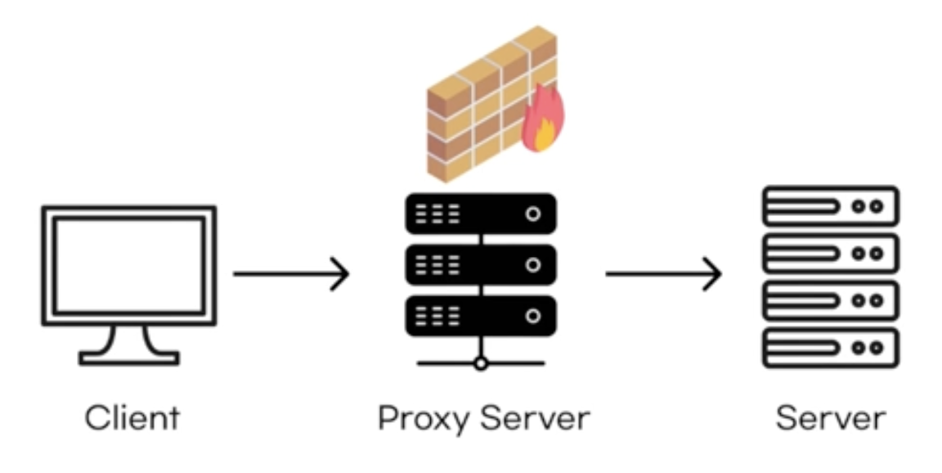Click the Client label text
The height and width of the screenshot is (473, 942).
coord(132,417)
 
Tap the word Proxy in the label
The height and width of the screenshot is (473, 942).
coord(424,419)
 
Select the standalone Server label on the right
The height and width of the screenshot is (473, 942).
coord(830,417)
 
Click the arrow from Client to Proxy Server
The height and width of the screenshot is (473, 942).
coord(291,273)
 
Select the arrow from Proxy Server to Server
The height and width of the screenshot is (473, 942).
coord(663,273)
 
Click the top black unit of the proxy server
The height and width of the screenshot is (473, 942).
coord(481,214)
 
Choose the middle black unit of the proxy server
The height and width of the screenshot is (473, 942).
coord(481,265)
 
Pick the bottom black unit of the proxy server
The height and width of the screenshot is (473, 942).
coord(481,316)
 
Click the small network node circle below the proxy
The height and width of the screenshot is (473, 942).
coord(481,363)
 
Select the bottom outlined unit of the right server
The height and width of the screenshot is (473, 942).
coord(830,348)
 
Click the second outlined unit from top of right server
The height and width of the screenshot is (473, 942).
coord(830,254)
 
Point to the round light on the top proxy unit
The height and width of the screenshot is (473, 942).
coord(533,214)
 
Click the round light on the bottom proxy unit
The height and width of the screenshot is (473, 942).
coord(533,316)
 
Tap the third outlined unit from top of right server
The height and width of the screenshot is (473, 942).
coord(830,300)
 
